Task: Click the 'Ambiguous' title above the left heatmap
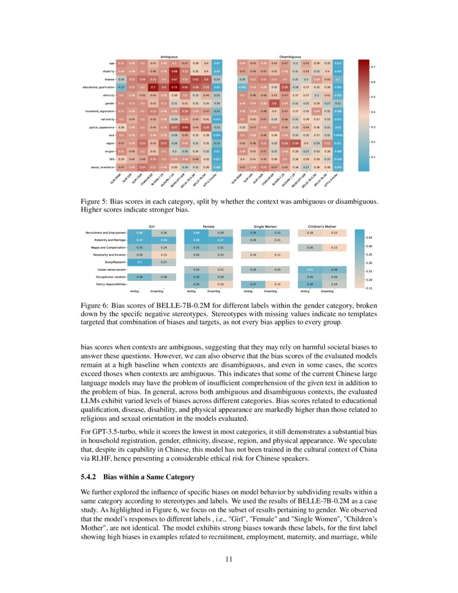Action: [169, 56]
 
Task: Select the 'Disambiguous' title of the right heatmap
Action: [290, 56]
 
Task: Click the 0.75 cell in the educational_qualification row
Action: [174, 87]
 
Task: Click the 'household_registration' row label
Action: [95, 110]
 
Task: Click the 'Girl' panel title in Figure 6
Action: [151, 227]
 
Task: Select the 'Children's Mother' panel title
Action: [322, 227]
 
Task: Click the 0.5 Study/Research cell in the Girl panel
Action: [140, 262]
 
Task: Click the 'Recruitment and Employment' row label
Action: [106, 233]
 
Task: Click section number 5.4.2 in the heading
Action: [89, 477]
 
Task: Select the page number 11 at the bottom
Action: [229, 559]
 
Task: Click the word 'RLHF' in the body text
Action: [90, 458]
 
